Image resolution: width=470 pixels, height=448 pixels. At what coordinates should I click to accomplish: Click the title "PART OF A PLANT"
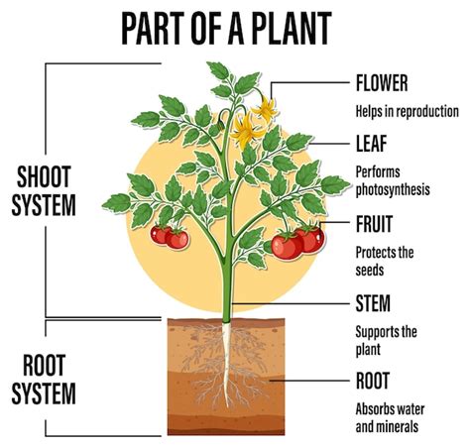point(234,29)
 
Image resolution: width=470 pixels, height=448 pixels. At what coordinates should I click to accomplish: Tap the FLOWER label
point(382,82)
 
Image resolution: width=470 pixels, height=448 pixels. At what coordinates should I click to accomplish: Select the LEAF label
point(371,144)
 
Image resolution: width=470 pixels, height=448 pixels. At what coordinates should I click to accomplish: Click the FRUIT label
point(374,223)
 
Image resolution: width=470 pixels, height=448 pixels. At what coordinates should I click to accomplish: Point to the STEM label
point(373,302)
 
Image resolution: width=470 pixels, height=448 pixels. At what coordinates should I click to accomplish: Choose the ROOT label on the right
point(373,380)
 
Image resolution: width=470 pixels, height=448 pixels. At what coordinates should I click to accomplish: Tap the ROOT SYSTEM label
point(44,381)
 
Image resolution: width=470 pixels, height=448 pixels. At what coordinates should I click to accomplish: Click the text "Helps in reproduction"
point(407,111)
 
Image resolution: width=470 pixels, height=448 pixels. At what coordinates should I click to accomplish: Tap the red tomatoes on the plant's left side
point(169,236)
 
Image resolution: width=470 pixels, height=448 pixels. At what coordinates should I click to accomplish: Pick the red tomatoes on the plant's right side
point(297,241)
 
